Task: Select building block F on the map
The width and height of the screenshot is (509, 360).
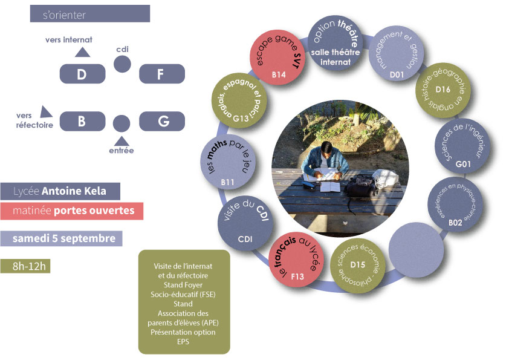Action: click(x=161, y=74)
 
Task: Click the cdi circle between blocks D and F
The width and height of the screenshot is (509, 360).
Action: click(x=122, y=64)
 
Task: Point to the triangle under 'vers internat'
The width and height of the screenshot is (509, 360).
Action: click(x=82, y=53)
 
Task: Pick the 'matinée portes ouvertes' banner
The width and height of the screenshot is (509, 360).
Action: click(x=71, y=211)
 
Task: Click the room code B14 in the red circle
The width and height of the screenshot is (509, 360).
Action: click(x=278, y=74)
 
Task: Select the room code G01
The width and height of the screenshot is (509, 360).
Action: click(x=463, y=163)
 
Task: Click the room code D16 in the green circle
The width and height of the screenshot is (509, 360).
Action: click(x=443, y=89)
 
